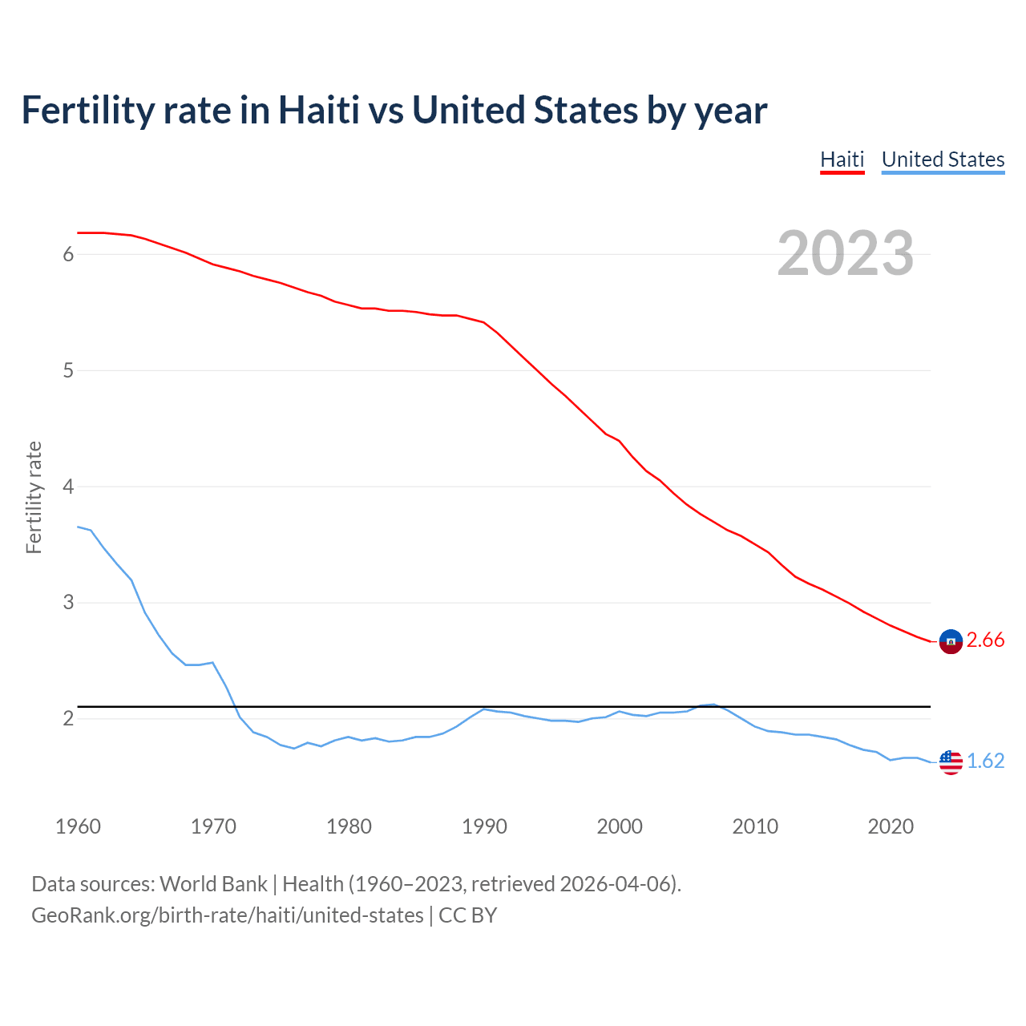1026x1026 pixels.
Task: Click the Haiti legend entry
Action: (x=842, y=160)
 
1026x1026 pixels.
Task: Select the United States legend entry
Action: (x=943, y=160)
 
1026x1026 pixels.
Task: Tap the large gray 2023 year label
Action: (x=845, y=253)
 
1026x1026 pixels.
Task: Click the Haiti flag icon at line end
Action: (x=951, y=641)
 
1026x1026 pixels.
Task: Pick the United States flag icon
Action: (x=951, y=762)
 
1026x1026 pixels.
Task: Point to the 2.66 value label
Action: (x=985, y=640)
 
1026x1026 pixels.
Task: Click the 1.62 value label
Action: (x=985, y=761)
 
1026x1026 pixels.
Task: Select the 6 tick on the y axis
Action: (x=68, y=255)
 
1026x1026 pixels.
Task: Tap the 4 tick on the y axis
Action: (x=68, y=487)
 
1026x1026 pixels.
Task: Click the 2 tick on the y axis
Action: (x=68, y=719)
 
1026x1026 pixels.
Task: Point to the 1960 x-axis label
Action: (x=78, y=826)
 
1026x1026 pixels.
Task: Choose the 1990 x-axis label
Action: (x=484, y=826)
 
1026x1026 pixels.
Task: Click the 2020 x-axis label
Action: (x=891, y=826)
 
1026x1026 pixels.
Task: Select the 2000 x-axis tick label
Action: (x=620, y=826)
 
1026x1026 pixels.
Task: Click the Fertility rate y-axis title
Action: (x=34, y=497)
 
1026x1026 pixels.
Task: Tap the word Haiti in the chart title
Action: (x=318, y=111)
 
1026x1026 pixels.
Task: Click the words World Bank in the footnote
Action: (x=213, y=884)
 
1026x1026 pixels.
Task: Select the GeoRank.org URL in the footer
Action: (x=228, y=915)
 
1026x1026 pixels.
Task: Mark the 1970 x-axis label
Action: (x=213, y=826)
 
